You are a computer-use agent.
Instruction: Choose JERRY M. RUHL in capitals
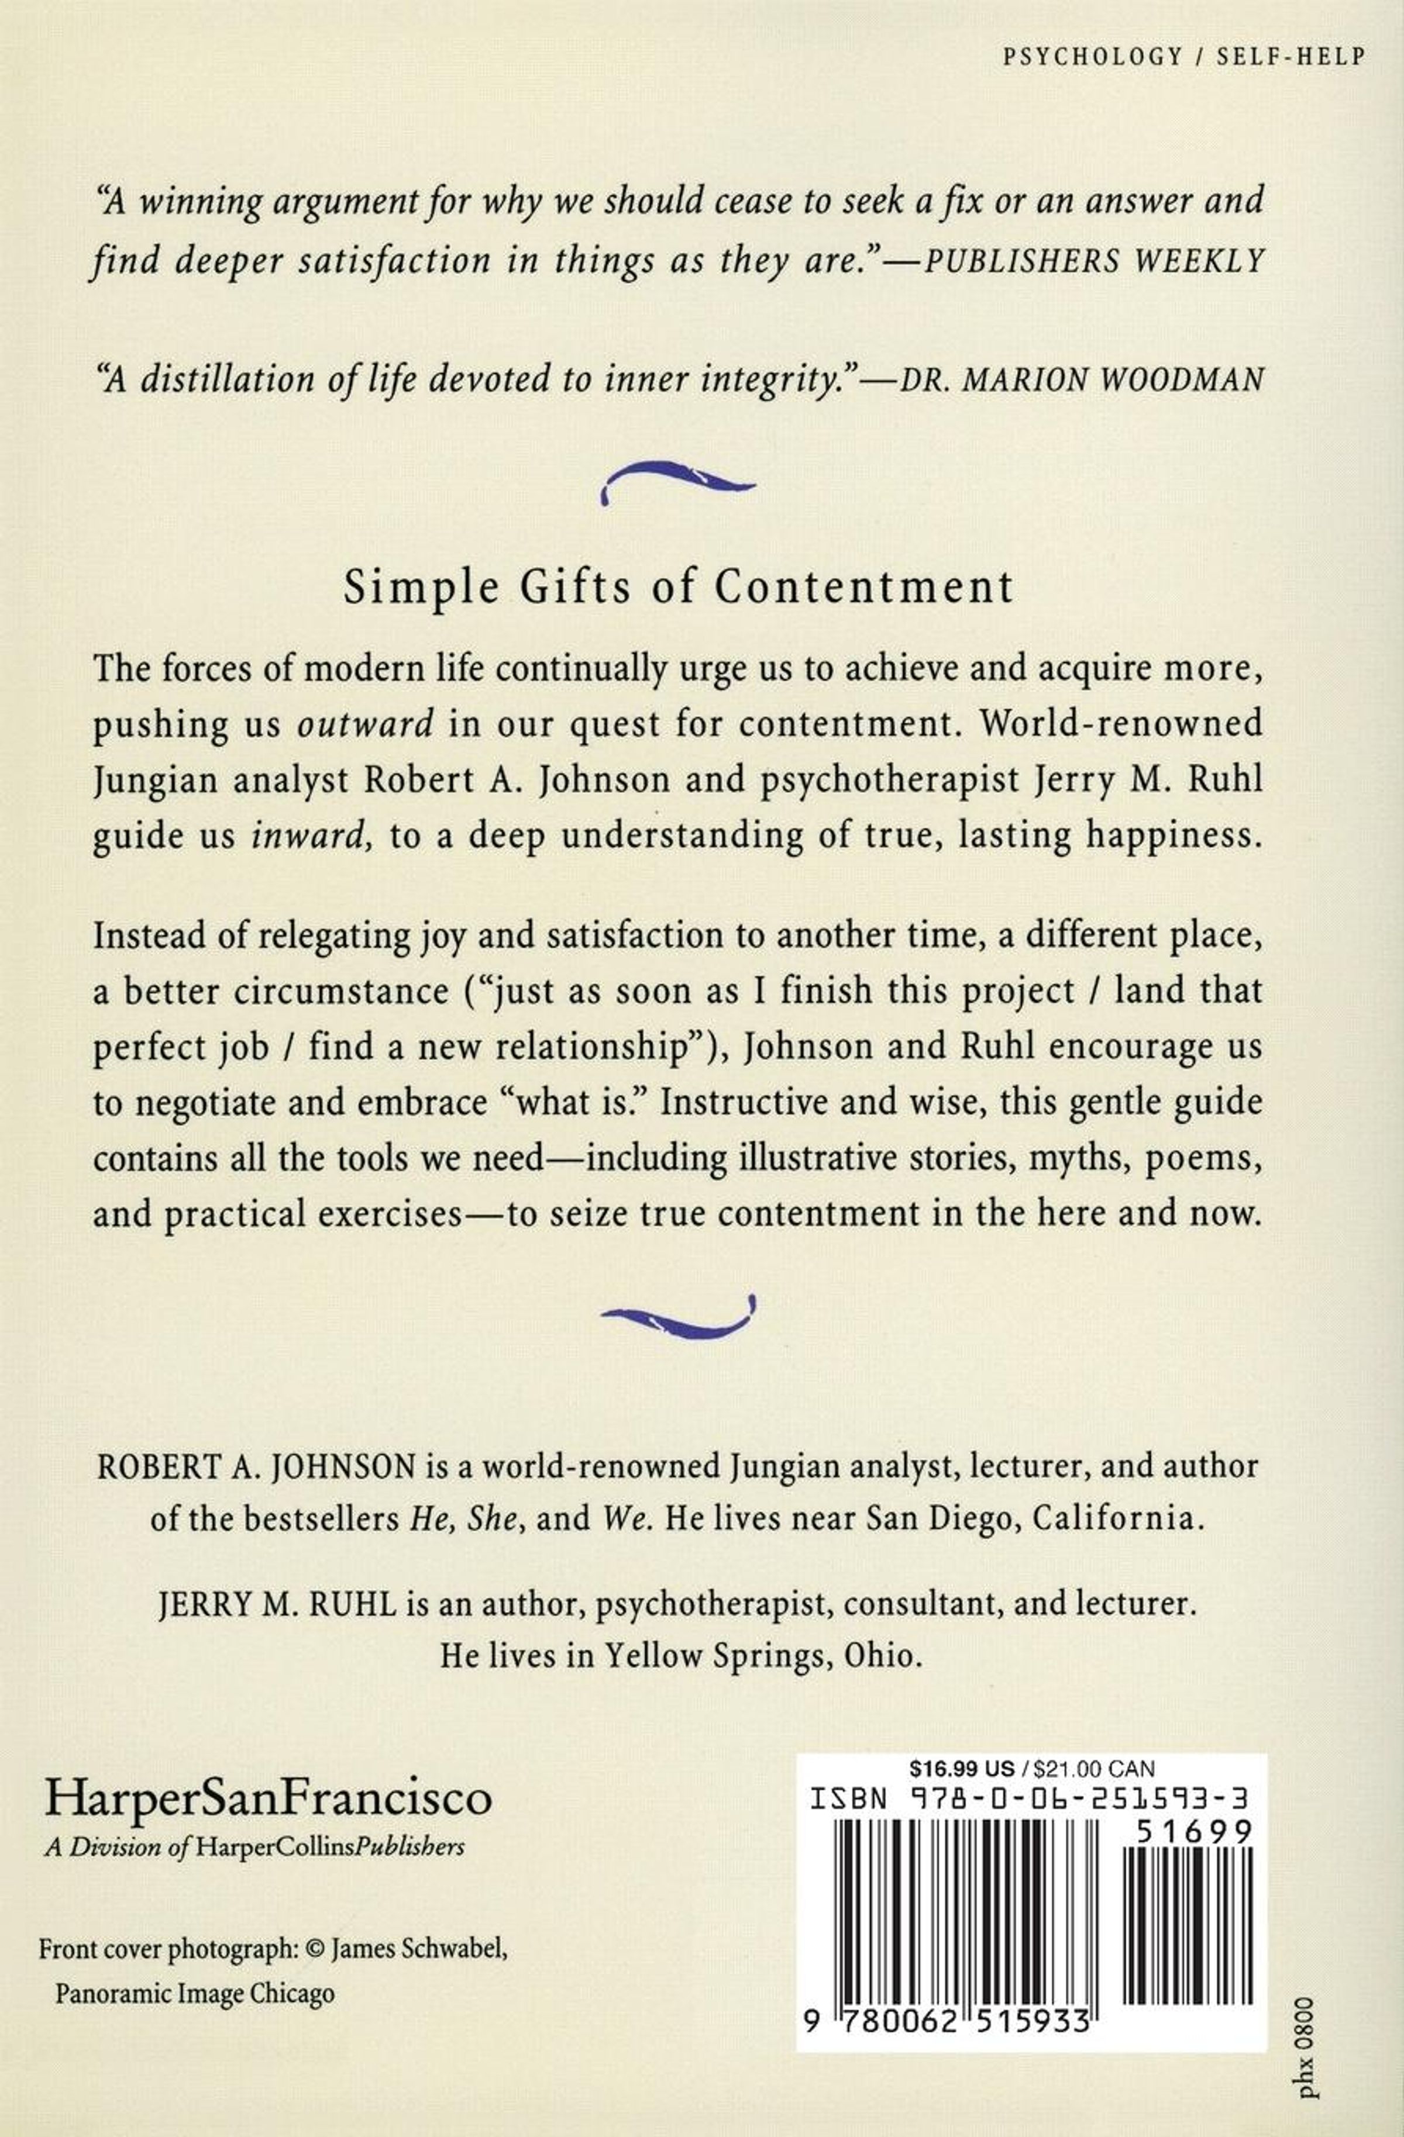click(277, 1604)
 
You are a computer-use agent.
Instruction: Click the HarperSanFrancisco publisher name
click(269, 1797)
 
